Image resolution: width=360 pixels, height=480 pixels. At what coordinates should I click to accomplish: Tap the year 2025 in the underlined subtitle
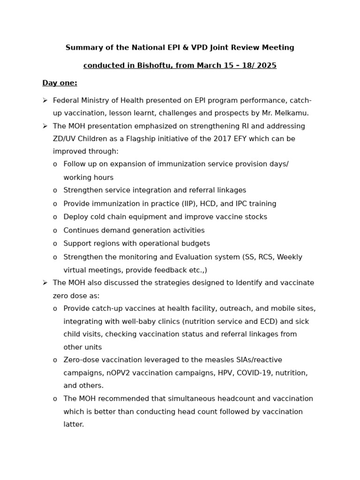267,66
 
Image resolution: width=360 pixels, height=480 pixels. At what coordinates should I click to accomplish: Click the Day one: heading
60,83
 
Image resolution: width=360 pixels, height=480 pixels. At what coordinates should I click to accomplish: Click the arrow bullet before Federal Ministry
45,101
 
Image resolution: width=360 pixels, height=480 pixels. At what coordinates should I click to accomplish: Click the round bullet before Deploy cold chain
55,217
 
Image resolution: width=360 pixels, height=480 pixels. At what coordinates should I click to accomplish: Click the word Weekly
290,257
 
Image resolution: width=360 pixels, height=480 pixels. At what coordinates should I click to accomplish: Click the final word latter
74,425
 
